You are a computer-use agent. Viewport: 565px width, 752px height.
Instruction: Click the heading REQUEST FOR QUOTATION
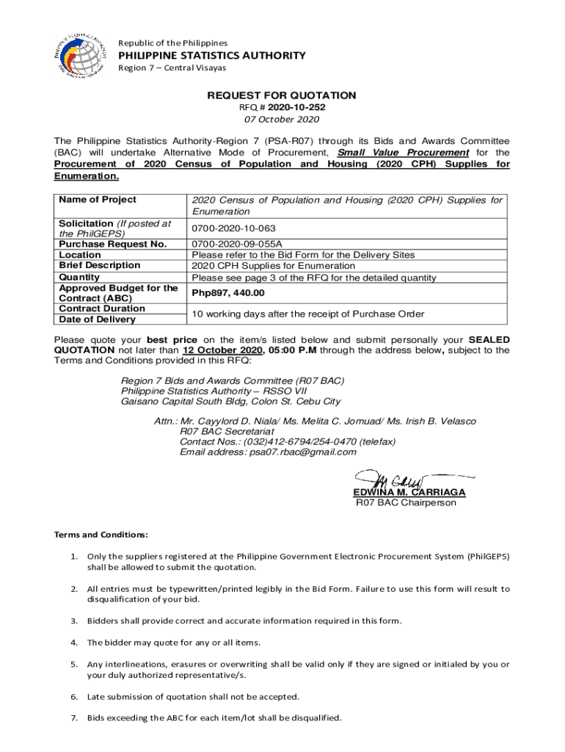click(x=282, y=95)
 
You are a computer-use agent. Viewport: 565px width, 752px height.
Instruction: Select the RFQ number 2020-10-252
click(x=299, y=108)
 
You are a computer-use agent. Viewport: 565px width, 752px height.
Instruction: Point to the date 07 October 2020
click(x=282, y=120)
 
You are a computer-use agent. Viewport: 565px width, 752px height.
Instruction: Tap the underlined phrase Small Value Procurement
click(x=403, y=153)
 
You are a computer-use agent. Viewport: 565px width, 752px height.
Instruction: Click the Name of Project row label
click(x=97, y=200)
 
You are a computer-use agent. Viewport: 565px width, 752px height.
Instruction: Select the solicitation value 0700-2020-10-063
click(x=234, y=228)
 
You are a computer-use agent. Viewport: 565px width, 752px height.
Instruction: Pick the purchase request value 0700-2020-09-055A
click(x=237, y=244)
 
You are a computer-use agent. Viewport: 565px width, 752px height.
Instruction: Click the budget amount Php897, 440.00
click(x=227, y=293)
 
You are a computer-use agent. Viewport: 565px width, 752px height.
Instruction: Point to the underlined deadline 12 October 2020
click(x=221, y=351)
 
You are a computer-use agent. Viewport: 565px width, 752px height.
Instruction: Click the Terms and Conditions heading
click(x=101, y=535)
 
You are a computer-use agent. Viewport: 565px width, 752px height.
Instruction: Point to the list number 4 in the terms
click(x=74, y=643)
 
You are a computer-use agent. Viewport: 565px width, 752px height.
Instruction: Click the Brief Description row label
click(x=99, y=266)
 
